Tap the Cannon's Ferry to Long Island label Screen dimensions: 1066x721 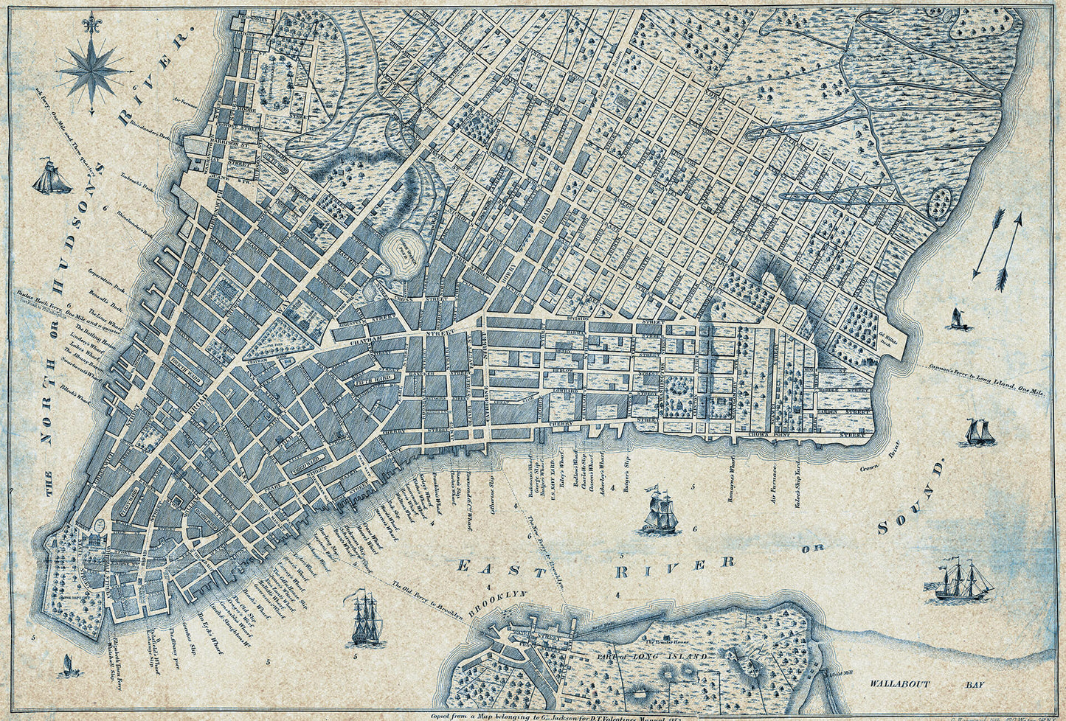tap(985, 378)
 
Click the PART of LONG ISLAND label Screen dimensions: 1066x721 tap(652, 655)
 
